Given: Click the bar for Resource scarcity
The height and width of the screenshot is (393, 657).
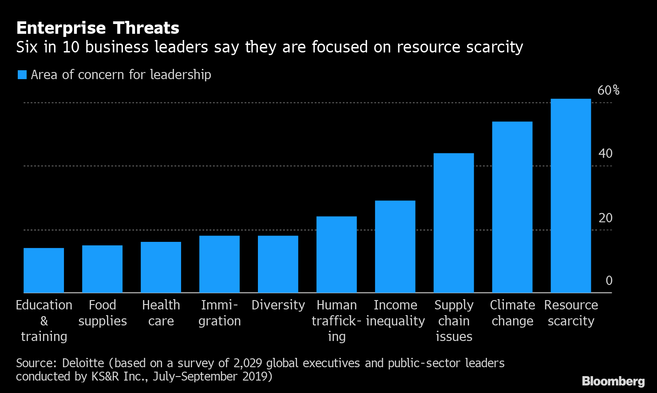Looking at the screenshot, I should (570, 196).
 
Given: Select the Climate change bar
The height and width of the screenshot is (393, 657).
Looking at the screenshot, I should (512, 207).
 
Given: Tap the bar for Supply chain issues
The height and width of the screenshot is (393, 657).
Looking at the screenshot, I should (453, 223).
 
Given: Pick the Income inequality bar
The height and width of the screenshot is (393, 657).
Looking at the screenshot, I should (395, 246).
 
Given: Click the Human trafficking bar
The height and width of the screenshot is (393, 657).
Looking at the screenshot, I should (336, 254).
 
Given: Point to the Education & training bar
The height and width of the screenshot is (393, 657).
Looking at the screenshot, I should (44, 270).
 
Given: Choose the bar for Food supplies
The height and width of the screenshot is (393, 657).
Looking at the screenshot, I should (102, 269).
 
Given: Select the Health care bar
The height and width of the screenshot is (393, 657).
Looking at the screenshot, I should (161, 267).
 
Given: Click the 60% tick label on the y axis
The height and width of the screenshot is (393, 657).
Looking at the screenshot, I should (608, 90).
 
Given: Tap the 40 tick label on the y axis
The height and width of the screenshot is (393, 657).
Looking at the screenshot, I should (605, 154).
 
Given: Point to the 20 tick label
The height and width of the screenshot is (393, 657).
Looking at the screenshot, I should (605, 218).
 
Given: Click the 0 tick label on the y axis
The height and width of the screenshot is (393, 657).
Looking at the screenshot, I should (609, 281).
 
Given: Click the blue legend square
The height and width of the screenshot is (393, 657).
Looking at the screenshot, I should (22, 75).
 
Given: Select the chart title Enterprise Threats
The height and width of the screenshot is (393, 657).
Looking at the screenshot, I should (98, 28).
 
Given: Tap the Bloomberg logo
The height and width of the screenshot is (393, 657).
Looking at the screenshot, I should (613, 381).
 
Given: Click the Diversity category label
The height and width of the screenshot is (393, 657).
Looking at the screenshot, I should (278, 305).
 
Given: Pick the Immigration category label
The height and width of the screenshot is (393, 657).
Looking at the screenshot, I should (219, 313).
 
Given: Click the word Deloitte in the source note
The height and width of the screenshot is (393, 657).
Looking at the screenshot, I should (83, 363).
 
